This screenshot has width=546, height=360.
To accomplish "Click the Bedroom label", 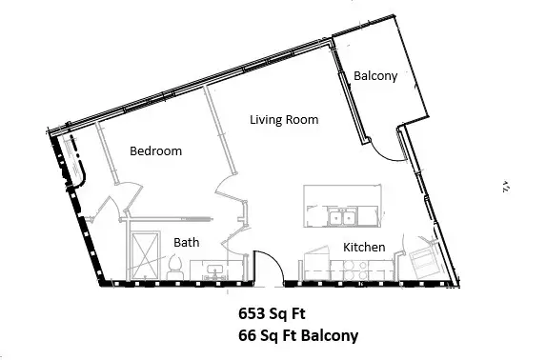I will tap(155, 151).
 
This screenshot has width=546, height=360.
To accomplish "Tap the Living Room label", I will tap(283, 120).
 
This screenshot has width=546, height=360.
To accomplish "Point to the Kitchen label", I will tap(363, 248).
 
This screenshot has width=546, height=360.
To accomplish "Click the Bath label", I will tap(187, 243).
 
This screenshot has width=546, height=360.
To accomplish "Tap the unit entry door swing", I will tap(268, 268).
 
